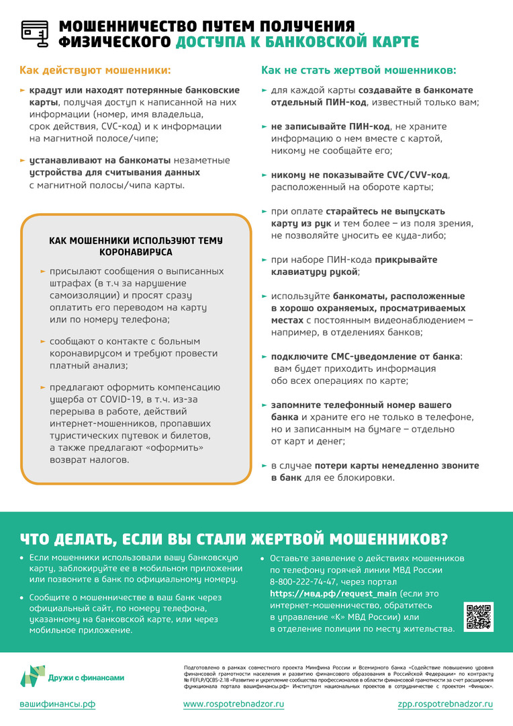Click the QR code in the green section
click(x=478, y=617)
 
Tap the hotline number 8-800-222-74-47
click(x=304, y=581)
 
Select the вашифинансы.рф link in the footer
click(x=56, y=704)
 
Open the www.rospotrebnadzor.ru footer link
click(x=234, y=704)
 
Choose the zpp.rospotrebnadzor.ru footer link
click(x=445, y=704)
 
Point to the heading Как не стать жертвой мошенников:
click(x=358, y=70)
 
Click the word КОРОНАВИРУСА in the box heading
click(x=136, y=252)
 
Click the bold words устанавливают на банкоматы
click(x=100, y=161)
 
